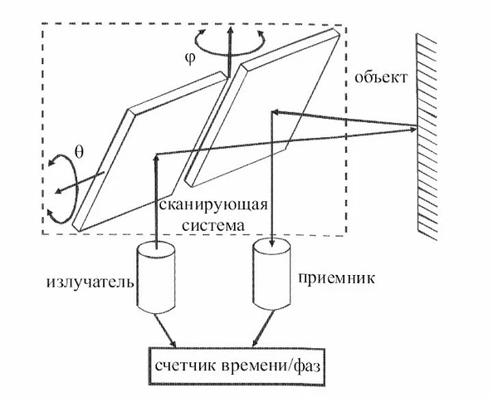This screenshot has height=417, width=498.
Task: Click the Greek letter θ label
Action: coord(80,151)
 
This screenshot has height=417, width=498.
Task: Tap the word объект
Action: coord(381,80)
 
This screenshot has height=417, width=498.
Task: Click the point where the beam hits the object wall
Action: coord(414,127)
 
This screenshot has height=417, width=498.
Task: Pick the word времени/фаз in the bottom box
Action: coord(266,365)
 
